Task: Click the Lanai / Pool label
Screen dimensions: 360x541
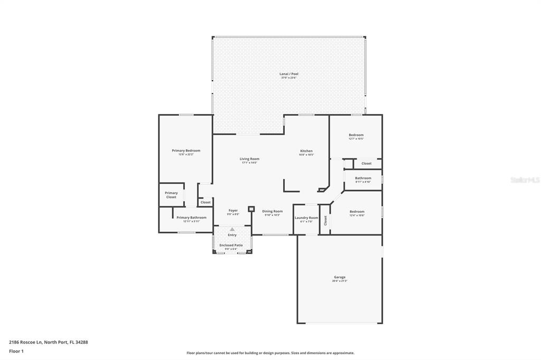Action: tap(288, 74)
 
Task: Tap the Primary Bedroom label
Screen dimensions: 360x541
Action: tap(186, 150)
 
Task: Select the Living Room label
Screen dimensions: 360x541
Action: tap(249, 159)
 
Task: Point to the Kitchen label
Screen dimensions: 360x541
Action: tap(306, 151)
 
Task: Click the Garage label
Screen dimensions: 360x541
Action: tap(339, 277)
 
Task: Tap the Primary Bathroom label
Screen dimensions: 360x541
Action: tap(191, 217)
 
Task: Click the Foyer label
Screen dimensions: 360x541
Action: tap(233, 211)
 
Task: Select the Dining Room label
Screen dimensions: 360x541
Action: tap(272, 211)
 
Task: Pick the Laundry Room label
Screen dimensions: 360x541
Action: tap(306, 217)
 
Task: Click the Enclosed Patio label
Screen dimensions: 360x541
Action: tap(231, 245)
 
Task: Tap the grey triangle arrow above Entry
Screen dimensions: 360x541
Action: tap(232, 229)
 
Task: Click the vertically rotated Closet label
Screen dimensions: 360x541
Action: tap(325, 220)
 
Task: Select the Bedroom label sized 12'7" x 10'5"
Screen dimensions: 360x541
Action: tap(356, 135)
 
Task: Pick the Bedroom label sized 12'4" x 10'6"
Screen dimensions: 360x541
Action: tap(357, 212)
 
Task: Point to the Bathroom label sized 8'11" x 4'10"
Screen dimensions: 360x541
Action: tap(363, 178)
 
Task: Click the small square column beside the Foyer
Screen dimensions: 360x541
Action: tap(251, 209)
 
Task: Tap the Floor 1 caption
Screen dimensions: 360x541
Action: tap(16, 351)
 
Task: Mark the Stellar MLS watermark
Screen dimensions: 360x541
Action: tap(525, 180)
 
